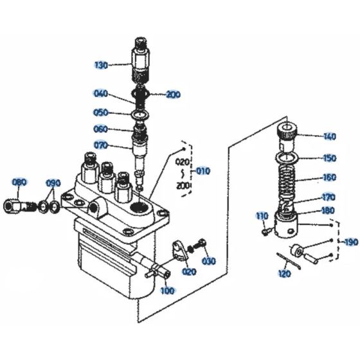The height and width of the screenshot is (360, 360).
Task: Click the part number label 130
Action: [102, 65]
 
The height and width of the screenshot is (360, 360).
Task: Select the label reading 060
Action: [101, 129]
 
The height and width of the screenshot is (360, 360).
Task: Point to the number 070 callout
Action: [102, 145]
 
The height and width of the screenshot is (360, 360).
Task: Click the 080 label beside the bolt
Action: [20, 183]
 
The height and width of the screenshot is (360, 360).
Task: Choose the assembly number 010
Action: [203, 172]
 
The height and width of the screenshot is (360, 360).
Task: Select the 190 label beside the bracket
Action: [350, 242]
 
